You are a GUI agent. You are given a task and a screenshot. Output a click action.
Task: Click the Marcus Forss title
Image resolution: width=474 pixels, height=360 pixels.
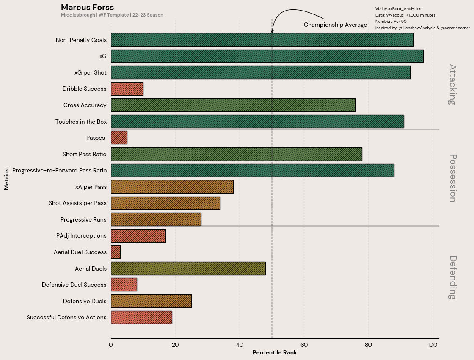(x=87, y=7)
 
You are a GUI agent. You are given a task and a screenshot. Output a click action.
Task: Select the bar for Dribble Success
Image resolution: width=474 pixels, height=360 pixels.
(x=127, y=89)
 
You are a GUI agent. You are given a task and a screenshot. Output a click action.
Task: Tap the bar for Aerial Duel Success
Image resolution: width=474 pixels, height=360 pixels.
(x=116, y=252)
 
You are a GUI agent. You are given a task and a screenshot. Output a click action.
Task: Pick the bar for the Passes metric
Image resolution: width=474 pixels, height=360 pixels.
(x=119, y=138)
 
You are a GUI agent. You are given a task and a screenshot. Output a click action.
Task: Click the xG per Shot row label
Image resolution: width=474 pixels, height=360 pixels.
(x=90, y=72)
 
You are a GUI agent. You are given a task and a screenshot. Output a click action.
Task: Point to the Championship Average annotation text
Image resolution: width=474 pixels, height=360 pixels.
(x=335, y=25)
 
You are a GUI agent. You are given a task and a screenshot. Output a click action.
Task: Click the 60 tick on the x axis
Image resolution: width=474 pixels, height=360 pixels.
(x=304, y=345)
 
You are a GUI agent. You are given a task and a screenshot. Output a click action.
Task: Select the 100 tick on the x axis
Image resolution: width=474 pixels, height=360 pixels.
(x=432, y=345)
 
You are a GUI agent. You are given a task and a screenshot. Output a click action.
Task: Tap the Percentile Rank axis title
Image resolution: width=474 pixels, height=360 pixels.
(x=275, y=353)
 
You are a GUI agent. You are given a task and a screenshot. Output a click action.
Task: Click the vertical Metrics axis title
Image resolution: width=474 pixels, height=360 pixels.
(x=7, y=179)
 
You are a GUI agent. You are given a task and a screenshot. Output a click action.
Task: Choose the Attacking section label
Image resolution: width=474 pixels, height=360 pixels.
(x=452, y=84)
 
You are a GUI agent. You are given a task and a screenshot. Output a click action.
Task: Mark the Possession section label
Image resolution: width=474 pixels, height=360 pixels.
(x=452, y=178)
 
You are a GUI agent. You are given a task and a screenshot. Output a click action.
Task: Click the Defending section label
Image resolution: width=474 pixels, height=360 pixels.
(x=452, y=277)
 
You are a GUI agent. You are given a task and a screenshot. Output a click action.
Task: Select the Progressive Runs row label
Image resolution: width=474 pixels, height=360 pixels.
(x=83, y=219)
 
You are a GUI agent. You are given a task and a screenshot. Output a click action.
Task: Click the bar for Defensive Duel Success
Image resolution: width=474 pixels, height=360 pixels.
(x=124, y=285)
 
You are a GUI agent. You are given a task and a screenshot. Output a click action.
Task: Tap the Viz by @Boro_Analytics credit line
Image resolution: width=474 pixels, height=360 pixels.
(x=398, y=9)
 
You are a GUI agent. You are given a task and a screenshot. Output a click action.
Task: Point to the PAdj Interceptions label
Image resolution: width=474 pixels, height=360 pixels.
(x=81, y=235)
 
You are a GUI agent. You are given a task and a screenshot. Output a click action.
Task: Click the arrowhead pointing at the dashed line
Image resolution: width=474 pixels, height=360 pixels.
(x=272, y=31)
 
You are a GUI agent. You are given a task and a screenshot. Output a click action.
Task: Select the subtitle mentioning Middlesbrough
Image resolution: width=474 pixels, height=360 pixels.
(x=112, y=15)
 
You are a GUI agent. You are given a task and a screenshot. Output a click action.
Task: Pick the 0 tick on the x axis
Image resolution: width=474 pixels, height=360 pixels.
(x=111, y=345)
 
